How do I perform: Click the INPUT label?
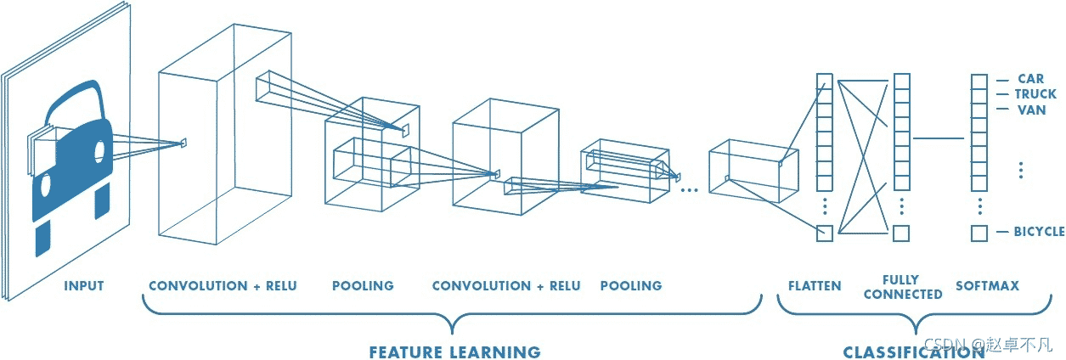84,286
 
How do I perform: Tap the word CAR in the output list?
1031,78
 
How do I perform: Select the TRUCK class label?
1035,94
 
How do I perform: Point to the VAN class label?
1032,110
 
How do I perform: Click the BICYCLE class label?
1040,232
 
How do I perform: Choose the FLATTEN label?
815,286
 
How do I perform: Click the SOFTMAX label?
988,286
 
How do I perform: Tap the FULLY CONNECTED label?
903,287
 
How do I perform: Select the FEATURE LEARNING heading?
455,352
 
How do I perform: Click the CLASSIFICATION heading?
914,352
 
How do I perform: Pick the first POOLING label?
363,286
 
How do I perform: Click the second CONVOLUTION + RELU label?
506,286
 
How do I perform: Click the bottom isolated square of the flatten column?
825,233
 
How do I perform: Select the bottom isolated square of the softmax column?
979,233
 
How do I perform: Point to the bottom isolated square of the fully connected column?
901,233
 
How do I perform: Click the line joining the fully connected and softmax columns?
939,138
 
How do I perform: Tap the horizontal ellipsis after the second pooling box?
689,190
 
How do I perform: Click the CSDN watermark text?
988,345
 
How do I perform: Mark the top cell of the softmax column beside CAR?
979,82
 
